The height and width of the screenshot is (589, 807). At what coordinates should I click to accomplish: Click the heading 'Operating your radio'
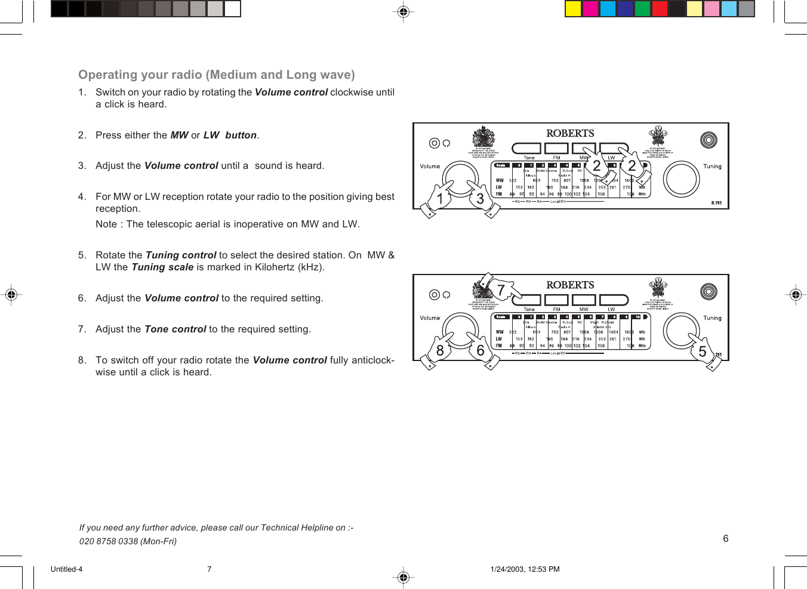click(216, 75)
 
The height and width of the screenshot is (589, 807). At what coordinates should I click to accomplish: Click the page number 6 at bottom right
click(725, 538)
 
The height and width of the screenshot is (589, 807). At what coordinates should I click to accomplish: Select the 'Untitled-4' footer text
click(66, 569)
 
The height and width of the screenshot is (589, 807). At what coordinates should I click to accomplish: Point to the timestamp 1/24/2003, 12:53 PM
click(525, 569)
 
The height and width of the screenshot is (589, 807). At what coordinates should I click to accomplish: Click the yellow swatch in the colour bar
click(573, 8)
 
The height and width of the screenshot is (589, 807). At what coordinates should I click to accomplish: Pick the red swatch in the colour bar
click(660, 8)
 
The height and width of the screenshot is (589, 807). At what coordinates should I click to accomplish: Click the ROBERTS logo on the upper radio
click(570, 133)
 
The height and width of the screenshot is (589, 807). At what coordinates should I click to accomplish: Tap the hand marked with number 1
click(438, 201)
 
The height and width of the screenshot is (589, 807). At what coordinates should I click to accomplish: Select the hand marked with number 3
click(482, 201)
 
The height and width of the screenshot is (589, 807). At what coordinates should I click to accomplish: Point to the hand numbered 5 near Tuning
click(704, 352)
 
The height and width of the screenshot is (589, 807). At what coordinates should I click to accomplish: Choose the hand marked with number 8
click(438, 352)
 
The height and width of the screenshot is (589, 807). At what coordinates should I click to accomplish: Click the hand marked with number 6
click(482, 352)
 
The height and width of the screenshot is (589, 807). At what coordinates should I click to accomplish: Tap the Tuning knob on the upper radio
click(682, 178)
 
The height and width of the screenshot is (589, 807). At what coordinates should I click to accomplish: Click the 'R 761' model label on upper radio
click(716, 203)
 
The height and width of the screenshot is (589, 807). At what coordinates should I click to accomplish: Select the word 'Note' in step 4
click(106, 224)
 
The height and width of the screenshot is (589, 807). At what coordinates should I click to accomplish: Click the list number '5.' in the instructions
click(82, 255)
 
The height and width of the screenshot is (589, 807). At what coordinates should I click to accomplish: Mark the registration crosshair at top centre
click(403, 11)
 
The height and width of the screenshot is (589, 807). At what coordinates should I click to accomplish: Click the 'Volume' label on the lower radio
click(430, 318)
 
